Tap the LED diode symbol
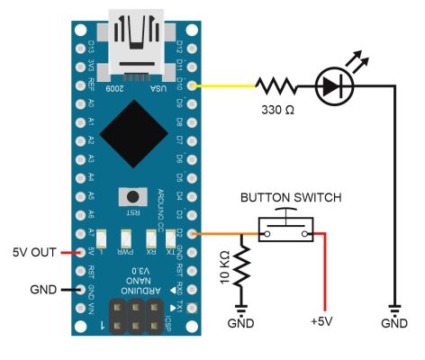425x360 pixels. point(333,86)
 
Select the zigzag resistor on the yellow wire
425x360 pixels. point(275,86)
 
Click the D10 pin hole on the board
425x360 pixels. point(190,86)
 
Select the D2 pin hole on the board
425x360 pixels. point(190,234)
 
